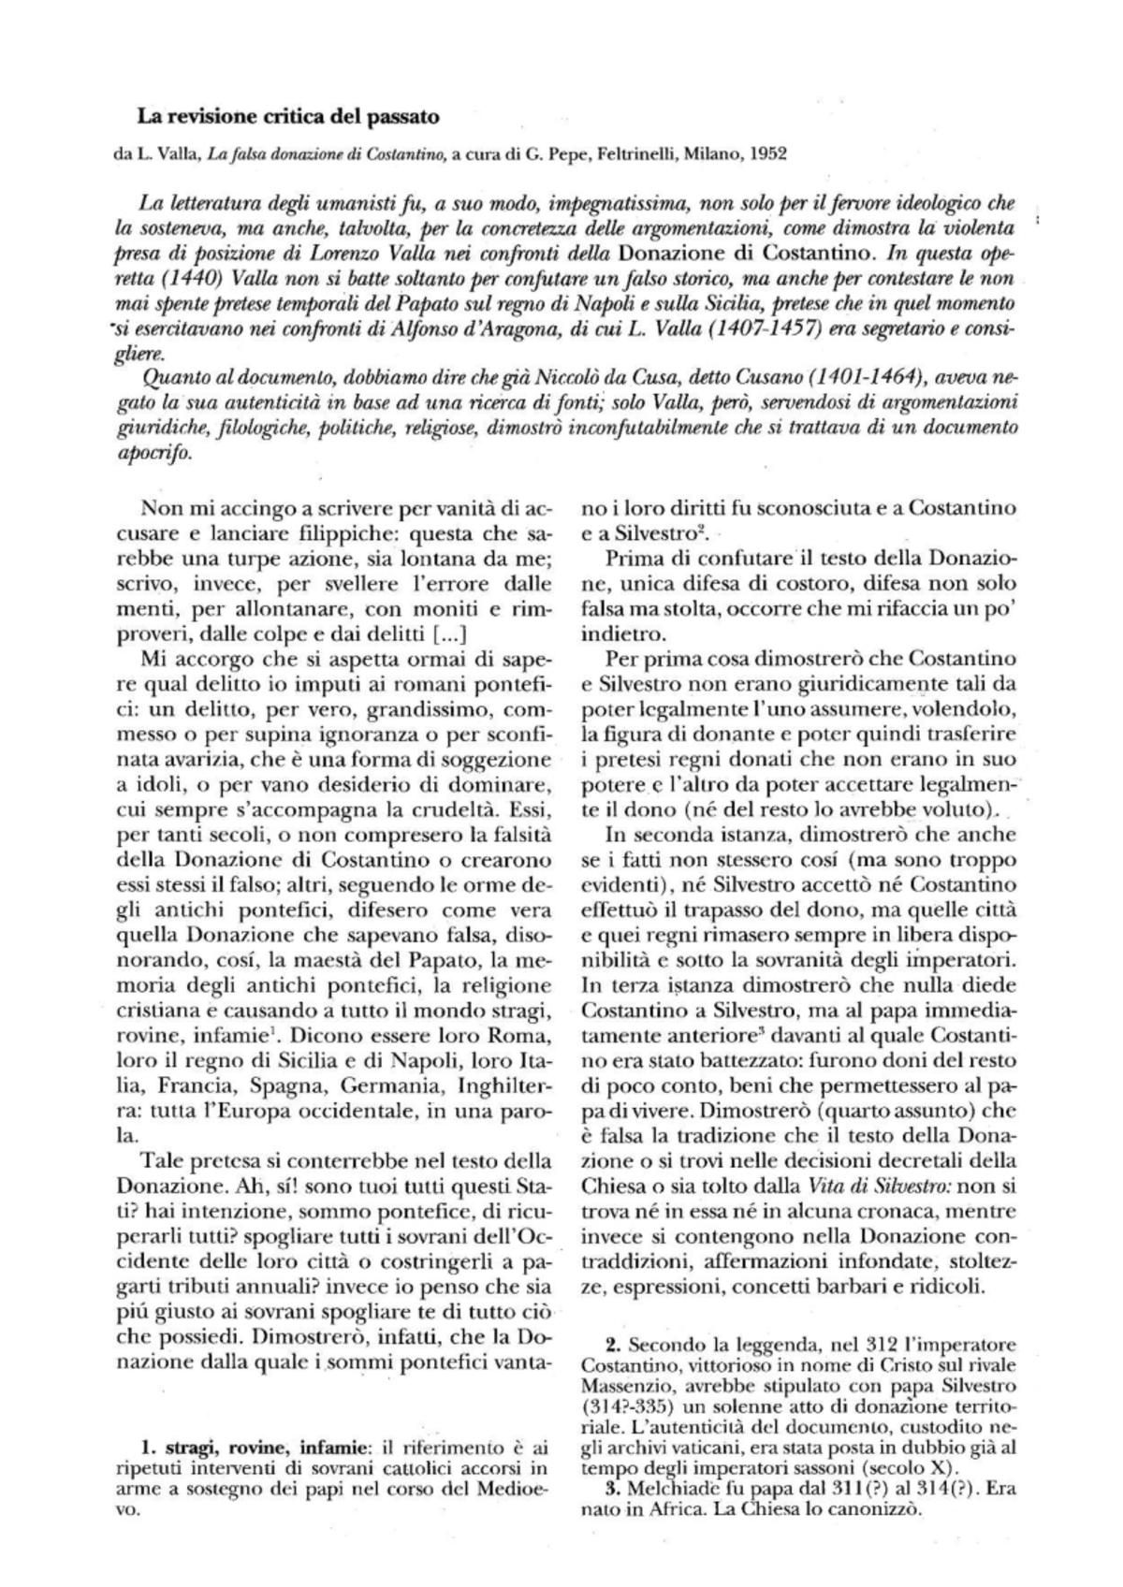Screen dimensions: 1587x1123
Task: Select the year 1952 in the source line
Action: tap(769, 154)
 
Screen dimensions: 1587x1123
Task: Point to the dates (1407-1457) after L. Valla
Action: tap(756, 329)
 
